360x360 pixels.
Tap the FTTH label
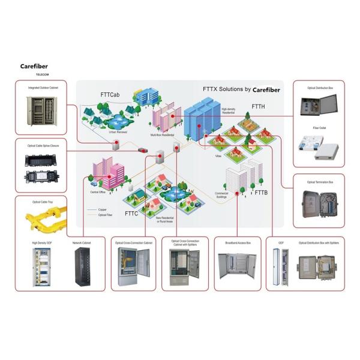(258, 107)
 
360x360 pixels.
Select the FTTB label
(262, 193)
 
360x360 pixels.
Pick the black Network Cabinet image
(81, 265)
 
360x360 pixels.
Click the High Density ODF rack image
(41, 266)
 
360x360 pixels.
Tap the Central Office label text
(98, 192)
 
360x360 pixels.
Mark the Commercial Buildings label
(222, 194)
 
